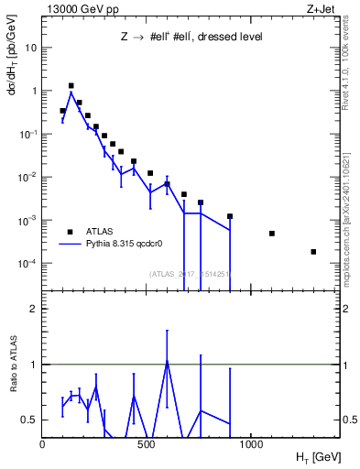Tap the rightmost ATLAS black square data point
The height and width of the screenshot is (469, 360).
coord(313,252)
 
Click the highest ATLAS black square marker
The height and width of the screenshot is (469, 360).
coord(71,86)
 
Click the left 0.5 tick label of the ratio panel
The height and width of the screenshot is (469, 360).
coord(28,420)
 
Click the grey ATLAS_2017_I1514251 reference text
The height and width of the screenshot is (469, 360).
coord(190,274)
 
